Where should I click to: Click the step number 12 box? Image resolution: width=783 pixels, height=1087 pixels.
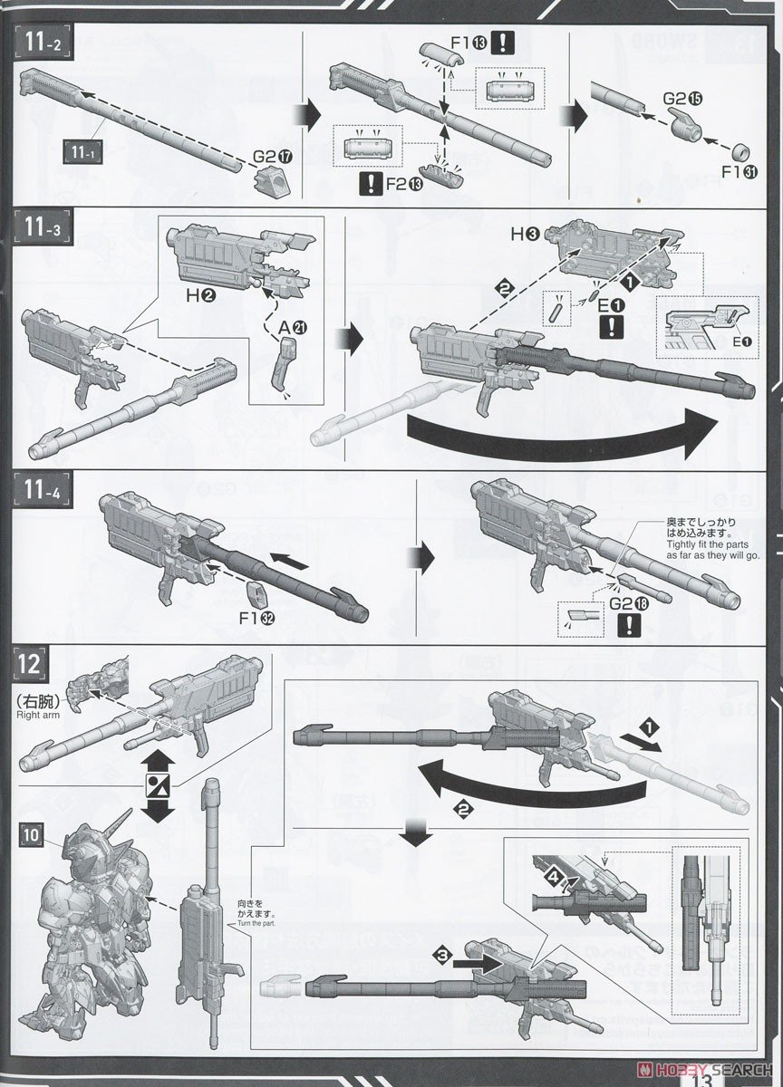tap(26, 664)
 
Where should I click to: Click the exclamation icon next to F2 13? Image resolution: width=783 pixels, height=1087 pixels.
tap(370, 186)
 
